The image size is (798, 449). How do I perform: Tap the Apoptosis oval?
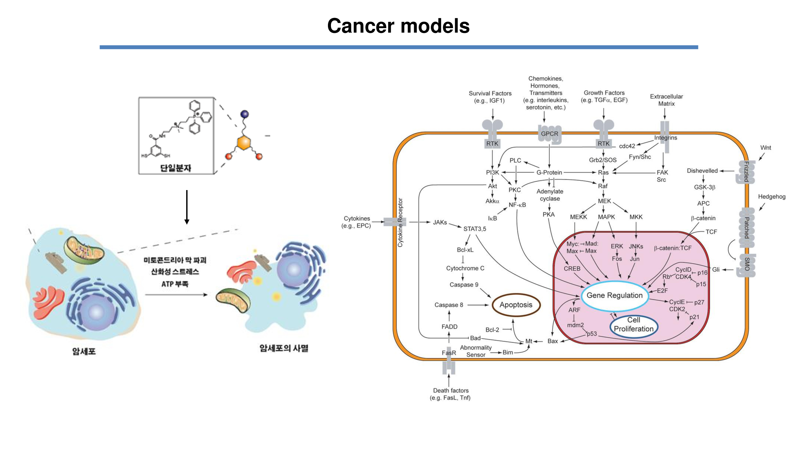coord(516,305)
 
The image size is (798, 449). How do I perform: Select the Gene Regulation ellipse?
coord(615,295)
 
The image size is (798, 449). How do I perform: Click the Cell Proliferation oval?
coord(633,324)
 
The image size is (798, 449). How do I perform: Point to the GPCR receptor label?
coord(550,134)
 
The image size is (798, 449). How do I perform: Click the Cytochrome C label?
coord(465,268)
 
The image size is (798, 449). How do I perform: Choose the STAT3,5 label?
coord(475,229)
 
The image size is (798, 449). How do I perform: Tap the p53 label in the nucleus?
coord(592,334)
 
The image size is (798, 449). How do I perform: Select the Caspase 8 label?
coord(449,305)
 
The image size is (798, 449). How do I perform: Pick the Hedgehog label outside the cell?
coord(771,196)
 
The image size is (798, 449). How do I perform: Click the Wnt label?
coord(765,148)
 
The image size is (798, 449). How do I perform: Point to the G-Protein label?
coord(549,173)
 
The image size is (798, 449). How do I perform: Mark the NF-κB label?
coord(517,205)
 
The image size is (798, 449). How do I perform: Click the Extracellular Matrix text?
coord(666,100)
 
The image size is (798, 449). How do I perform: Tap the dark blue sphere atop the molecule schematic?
coord(245,114)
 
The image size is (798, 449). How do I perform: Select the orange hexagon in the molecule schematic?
coord(244,143)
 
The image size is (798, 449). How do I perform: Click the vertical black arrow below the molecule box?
coord(187,207)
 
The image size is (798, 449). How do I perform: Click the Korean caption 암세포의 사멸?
coord(284,348)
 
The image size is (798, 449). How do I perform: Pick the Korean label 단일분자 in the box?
coord(175,168)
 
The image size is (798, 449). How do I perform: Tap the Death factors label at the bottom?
coord(450,394)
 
